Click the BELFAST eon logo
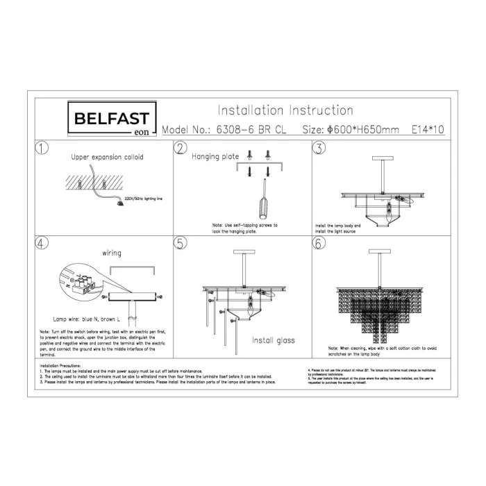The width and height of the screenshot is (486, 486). (x=111, y=119)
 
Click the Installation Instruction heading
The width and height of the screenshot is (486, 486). (x=285, y=110)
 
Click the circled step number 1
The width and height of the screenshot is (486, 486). (x=42, y=149)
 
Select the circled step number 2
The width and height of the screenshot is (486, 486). (x=181, y=149)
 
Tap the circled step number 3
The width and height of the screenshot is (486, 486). (x=319, y=149)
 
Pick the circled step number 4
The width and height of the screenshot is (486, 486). (x=42, y=244)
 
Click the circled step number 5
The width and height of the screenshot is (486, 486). (x=181, y=244)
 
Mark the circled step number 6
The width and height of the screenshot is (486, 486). (x=319, y=244)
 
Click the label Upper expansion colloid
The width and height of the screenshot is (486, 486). (x=108, y=158)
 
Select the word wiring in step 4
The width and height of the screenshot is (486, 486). (x=112, y=253)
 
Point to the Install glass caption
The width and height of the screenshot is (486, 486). (x=273, y=341)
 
